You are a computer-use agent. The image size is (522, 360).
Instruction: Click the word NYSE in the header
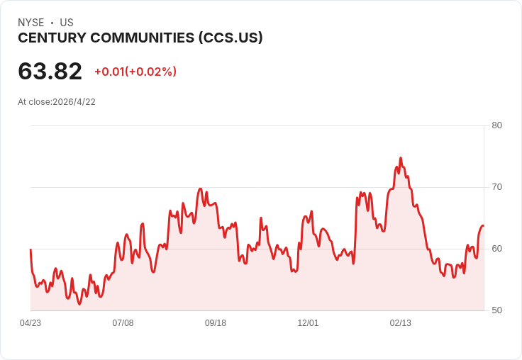(x=31, y=23)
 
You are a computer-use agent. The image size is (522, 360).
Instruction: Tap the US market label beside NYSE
(x=67, y=23)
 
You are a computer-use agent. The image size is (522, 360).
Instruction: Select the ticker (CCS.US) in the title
(x=229, y=38)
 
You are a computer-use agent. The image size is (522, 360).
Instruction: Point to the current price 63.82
(x=50, y=71)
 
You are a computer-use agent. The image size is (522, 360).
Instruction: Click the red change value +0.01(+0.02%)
(x=135, y=72)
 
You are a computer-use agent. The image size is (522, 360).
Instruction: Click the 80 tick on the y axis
(x=496, y=125)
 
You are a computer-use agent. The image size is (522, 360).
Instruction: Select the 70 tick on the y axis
(x=496, y=187)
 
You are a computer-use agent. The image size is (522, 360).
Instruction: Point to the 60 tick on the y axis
(x=496, y=249)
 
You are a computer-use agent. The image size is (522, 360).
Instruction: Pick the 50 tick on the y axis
(x=496, y=310)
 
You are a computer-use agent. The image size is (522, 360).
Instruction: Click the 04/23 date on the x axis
(x=30, y=323)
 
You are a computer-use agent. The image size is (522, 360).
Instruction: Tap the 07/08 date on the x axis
(x=123, y=323)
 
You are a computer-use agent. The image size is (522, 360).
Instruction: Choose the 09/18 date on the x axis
(x=216, y=323)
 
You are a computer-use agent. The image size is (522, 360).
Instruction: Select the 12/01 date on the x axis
(x=308, y=323)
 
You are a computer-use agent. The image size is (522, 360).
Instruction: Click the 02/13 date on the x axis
(x=401, y=323)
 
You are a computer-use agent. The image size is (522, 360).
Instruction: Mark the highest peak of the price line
(x=401, y=158)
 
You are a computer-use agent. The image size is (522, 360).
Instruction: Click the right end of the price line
(x=483, y=225)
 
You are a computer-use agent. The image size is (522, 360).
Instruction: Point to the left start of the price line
(x=30, y=249)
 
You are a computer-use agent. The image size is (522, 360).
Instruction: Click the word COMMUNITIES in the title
(x=143, y=38)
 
